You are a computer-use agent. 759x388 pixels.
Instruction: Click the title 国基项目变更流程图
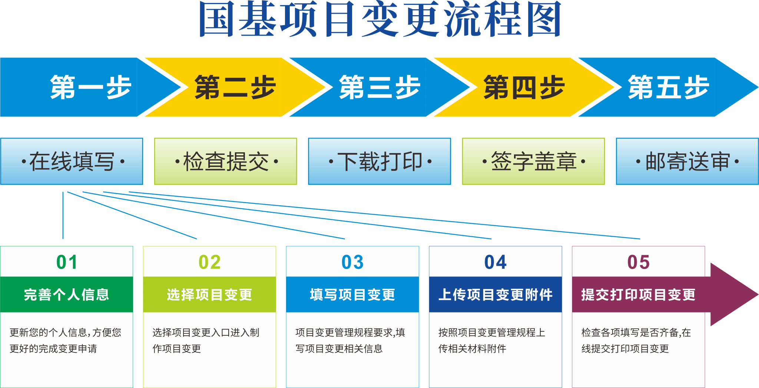click(380, 19)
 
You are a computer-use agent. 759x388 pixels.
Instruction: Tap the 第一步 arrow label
click(91, 87)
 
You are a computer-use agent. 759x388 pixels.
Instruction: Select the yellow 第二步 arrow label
click(235, 87)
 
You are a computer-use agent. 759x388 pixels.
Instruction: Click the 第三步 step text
click(380, 87)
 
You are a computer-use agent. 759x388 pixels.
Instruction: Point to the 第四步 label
click(524, 87)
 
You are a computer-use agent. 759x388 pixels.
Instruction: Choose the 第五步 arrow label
click(669, 87)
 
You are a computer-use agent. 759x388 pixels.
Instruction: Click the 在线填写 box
click(72, 162)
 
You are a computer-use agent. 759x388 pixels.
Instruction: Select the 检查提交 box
click(226, 162)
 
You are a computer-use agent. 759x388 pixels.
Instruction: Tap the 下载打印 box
click(380, 162)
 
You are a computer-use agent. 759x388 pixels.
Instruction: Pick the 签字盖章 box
click(534, 162)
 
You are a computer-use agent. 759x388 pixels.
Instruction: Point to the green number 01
click(67, 262)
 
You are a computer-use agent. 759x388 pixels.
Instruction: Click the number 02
click(210, 262)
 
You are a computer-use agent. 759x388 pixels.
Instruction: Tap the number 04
click(495, 262)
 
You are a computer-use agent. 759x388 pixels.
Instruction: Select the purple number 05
click(639, 262)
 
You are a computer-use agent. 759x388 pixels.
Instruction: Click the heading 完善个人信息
click(67, 295)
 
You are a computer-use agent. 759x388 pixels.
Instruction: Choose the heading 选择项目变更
click(210, 295)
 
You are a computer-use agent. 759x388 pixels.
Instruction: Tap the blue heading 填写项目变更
click(352, 295)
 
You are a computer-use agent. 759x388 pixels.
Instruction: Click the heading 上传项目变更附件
click(495, 295)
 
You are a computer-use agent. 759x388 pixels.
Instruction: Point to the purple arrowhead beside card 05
click(732, 295)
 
